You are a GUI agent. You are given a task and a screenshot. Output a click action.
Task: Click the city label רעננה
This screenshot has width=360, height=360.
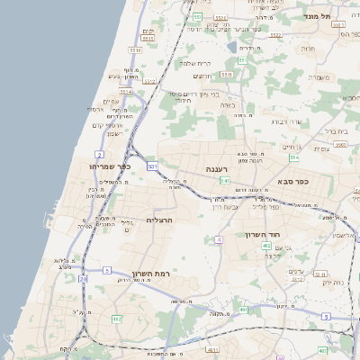[219, 168]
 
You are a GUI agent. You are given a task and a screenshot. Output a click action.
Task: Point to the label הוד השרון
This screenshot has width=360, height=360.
[265, 234]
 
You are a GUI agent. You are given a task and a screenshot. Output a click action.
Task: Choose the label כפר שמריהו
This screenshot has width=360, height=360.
[111, 166]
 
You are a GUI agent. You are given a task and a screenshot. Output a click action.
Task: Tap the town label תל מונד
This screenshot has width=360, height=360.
[342, 16]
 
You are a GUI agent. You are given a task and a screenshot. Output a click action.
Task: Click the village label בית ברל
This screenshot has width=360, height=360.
[336, 130]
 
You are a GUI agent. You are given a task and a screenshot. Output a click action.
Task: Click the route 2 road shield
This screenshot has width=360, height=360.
[98, 155]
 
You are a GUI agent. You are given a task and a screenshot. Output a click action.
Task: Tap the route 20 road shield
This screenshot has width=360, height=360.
[84, 279]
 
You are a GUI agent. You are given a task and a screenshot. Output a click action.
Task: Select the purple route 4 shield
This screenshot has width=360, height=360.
[219, 239]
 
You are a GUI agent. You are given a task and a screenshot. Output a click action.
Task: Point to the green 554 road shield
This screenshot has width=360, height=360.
[293, 157]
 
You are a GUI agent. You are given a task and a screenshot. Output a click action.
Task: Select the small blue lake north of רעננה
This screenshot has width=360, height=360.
[232, 47]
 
